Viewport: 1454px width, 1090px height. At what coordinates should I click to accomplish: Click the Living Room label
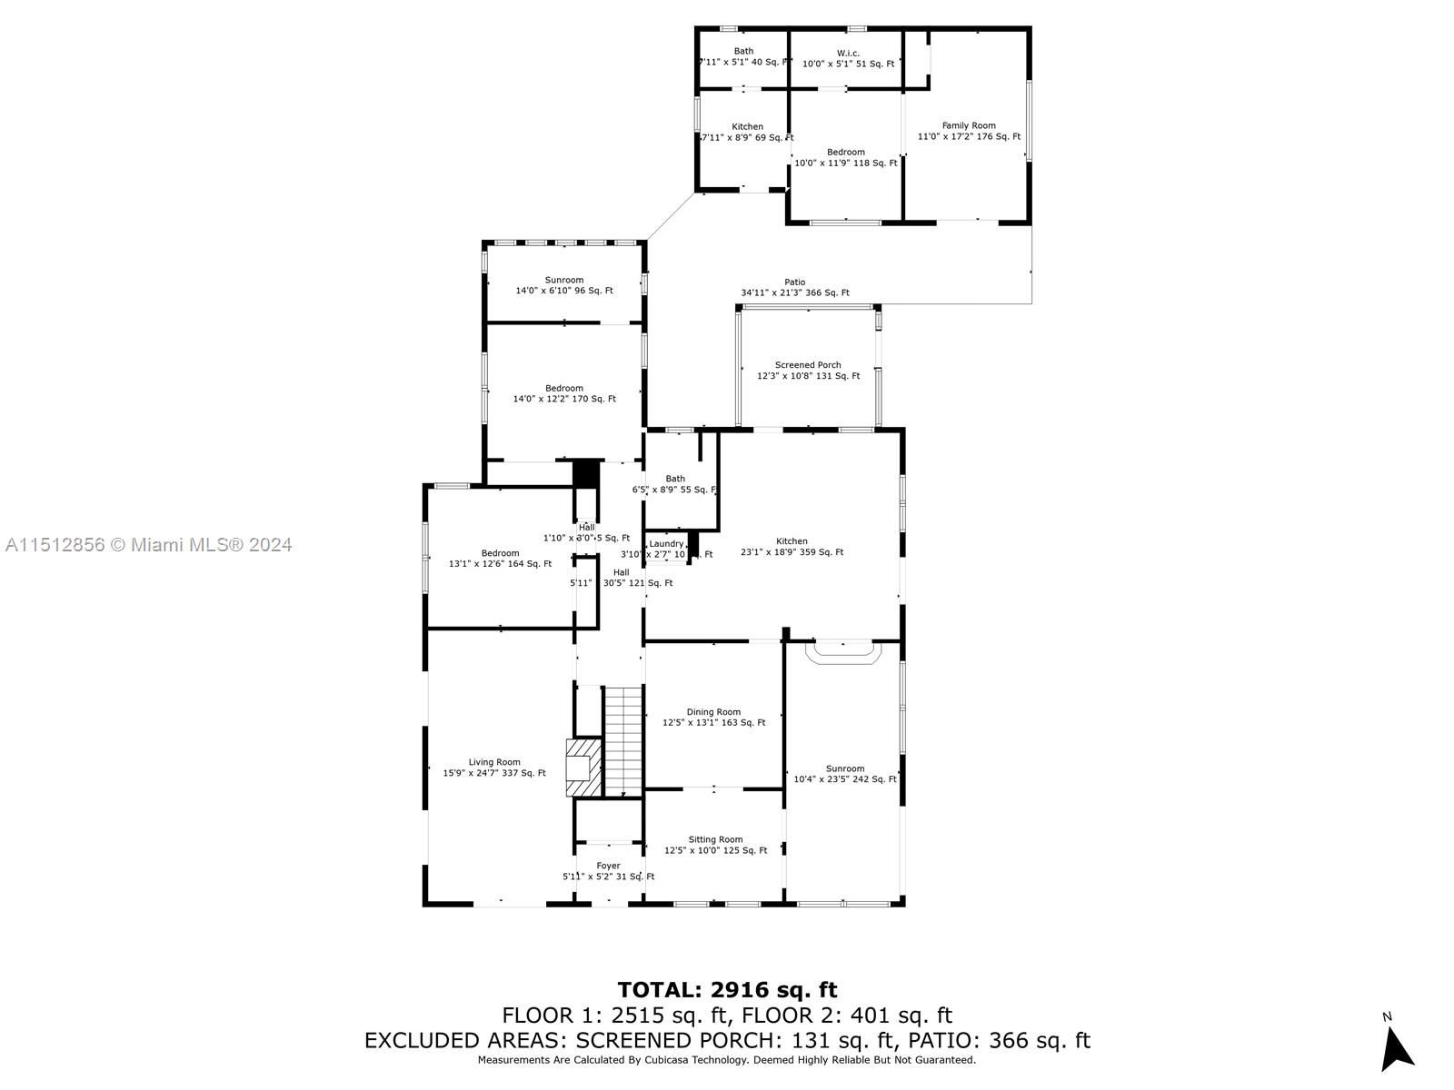tap(494, 763)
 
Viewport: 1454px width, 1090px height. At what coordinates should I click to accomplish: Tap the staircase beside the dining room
tap(623, 740)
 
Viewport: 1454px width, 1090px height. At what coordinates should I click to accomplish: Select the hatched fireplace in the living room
tap(583, 768)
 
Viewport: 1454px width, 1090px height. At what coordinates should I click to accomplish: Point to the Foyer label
tap(608, 866)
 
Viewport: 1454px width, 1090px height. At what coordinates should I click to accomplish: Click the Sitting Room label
tap(715, 840)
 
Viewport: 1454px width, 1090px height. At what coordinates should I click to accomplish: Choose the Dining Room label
tap(713, 712)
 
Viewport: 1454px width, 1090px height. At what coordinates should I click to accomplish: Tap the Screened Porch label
tap(807, 365)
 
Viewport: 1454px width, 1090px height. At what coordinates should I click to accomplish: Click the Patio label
tap(794, 282)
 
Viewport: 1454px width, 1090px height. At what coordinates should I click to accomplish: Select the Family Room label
tap(969, 126)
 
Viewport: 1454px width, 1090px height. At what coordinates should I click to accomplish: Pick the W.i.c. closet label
tap(848, 53)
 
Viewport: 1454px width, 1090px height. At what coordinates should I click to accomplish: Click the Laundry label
tap(666, 544)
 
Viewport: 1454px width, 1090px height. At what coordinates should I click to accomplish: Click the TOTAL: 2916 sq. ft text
tap(727, 990)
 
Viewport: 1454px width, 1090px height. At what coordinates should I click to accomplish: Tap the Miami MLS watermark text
tap(149, 545)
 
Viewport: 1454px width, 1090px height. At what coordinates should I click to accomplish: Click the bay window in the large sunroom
tap(843, 651)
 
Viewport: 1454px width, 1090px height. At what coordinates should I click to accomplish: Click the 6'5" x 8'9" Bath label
tap(675, 484)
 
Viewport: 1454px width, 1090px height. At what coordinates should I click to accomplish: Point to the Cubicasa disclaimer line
tap(727, 1060)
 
